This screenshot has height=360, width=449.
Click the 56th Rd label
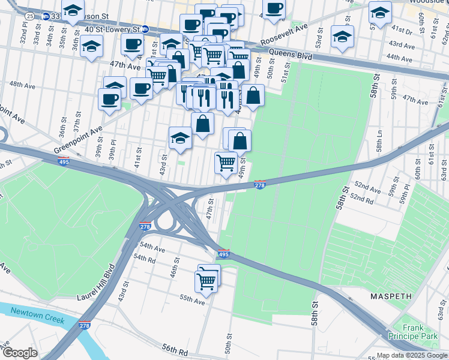tap(175, 350)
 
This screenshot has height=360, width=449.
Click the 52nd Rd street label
tap(362, 197)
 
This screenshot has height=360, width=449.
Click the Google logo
tap(20, 353)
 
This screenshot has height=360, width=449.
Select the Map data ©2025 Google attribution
tap(411, 355)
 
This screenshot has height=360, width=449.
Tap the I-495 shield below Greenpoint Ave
tap(63, 161)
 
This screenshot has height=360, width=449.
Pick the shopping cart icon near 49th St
tap(226, 162)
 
